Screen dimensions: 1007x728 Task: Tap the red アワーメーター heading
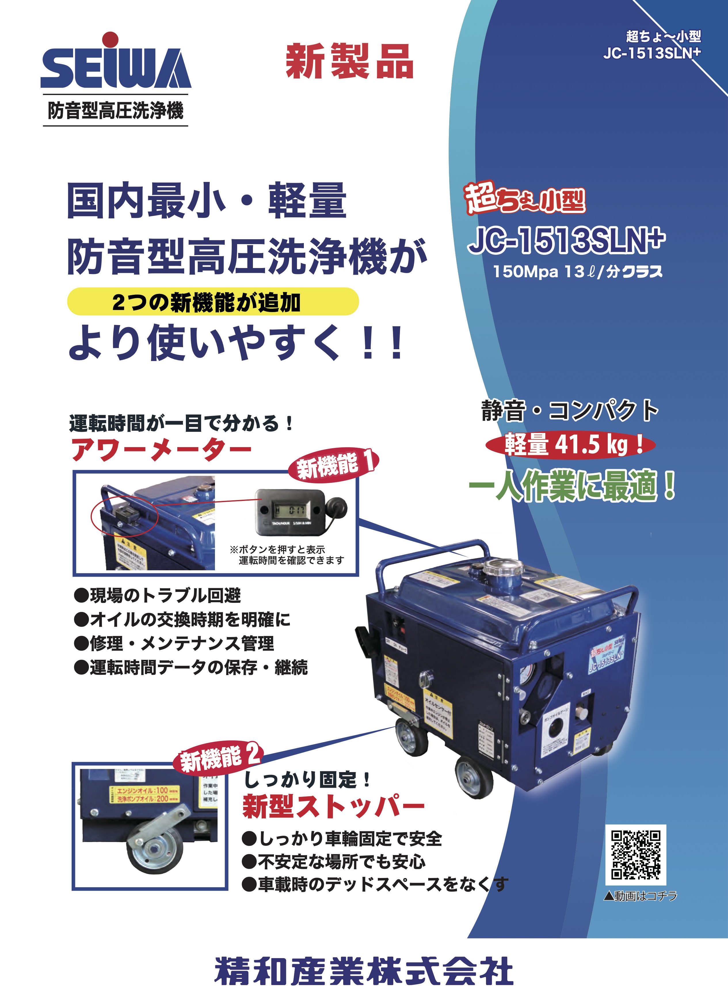point(162,450)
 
